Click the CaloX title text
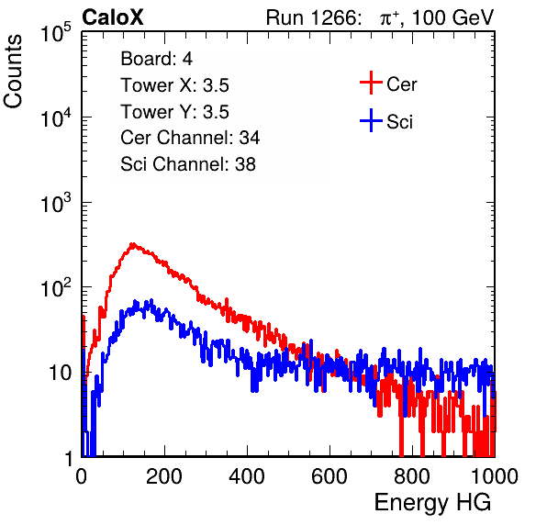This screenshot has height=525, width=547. [112, 17]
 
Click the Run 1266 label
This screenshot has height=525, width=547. [313, 17]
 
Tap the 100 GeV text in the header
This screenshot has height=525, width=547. [452, 17]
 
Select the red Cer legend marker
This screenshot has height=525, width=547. [371, 83]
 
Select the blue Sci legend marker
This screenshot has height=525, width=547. [371, 120]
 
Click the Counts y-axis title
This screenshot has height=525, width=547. [13, 72]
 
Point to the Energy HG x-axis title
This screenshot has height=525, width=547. [432, 502]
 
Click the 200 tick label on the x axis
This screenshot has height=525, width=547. [164, 476]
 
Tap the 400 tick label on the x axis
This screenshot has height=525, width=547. [247, 476]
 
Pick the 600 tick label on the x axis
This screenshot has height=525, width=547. [329, 476]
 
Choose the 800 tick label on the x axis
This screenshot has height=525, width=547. [412, 476]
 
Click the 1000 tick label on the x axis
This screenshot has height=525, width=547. [495, 476]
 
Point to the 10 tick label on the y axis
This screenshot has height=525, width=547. [61, 373]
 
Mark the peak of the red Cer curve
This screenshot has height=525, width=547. [132, 244]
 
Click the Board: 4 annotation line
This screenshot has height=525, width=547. [157, 59]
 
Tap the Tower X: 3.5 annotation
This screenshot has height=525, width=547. [174, 85]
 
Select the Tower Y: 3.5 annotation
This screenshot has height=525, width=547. [174, 112]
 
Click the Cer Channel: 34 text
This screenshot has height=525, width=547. [190, 138]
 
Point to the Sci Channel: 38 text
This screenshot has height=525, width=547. [188, 164]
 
